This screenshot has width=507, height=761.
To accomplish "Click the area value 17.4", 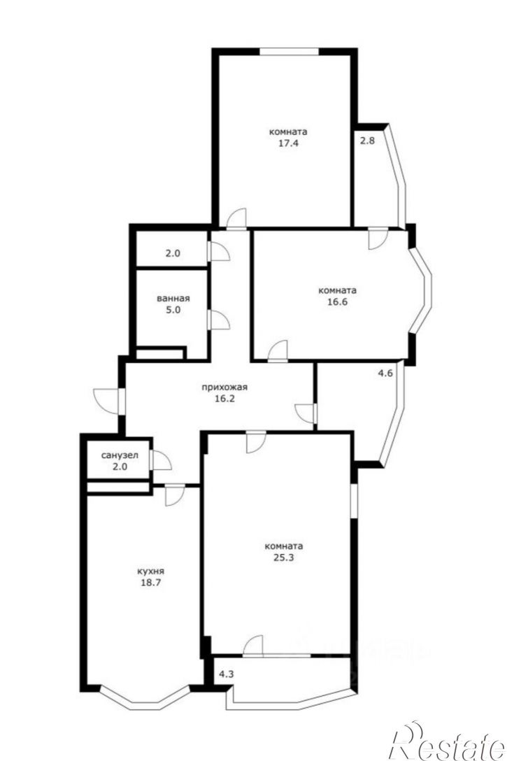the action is tap(288, 143).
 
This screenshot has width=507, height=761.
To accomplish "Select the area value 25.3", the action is tap(284, 557).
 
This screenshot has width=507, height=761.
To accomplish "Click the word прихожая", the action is tap(224, 387).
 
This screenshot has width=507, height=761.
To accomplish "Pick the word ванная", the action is tap(173, 299).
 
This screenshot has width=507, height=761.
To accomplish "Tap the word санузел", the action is tap(120, 456).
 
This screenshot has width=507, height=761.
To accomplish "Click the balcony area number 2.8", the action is tap(366, 141).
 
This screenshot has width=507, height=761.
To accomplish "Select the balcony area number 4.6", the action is tap(386, 374).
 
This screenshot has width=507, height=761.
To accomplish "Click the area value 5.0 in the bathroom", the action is tap(173, 310).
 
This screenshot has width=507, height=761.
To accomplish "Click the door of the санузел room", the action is tap(161, 460).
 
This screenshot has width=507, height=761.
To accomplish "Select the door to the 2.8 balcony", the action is tap(378, 239).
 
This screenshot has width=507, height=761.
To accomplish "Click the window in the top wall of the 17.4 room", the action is tap(289, 52).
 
